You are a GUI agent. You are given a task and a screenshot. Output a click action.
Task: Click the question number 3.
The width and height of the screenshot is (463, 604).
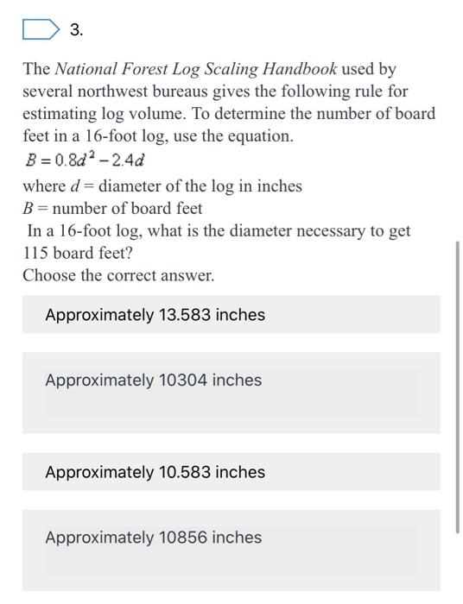(76, 31)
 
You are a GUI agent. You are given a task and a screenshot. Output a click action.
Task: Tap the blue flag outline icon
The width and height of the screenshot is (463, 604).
(40, 31)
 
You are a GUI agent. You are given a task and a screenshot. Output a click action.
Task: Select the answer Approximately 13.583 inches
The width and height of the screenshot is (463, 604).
(155, 315)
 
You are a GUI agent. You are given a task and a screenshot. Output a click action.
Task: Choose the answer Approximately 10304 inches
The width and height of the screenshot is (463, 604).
(154, 381)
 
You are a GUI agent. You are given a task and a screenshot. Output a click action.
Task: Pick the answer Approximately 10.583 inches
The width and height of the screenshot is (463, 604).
(155, 472)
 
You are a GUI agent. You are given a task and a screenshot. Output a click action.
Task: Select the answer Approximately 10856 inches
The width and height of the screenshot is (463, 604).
(154, 538)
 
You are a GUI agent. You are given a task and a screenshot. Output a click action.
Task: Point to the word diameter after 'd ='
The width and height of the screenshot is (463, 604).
(132, 186)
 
